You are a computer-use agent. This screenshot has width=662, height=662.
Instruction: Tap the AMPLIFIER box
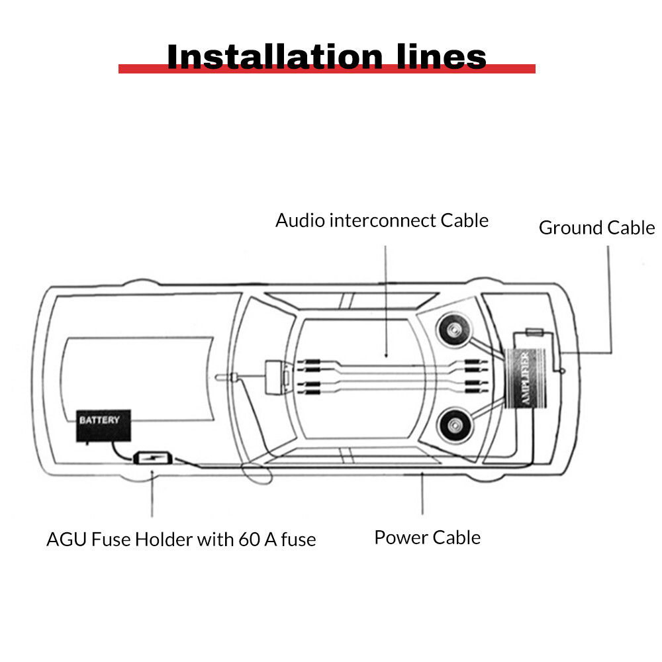pyautogui.click(x=527, y=379)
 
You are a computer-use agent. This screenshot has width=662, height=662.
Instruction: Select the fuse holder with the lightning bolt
pyautogui.click(x=153, y=458)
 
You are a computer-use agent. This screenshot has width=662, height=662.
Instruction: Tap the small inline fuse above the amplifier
pyautogui.click(x=534, y=332)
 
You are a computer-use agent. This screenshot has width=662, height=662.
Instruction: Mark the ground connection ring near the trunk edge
pyautogui.click(x=562, y=371)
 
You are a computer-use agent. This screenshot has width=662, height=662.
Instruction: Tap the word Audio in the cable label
pyautogui.click(x=300, y=220)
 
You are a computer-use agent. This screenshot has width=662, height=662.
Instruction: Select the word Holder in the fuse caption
pyautogui.click(x=158, y=540)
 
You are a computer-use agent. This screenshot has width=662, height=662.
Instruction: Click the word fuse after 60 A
pyautogui.click(x=298, y=540)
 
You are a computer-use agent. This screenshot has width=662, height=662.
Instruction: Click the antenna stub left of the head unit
pyautogui.click(x=226, y=378)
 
